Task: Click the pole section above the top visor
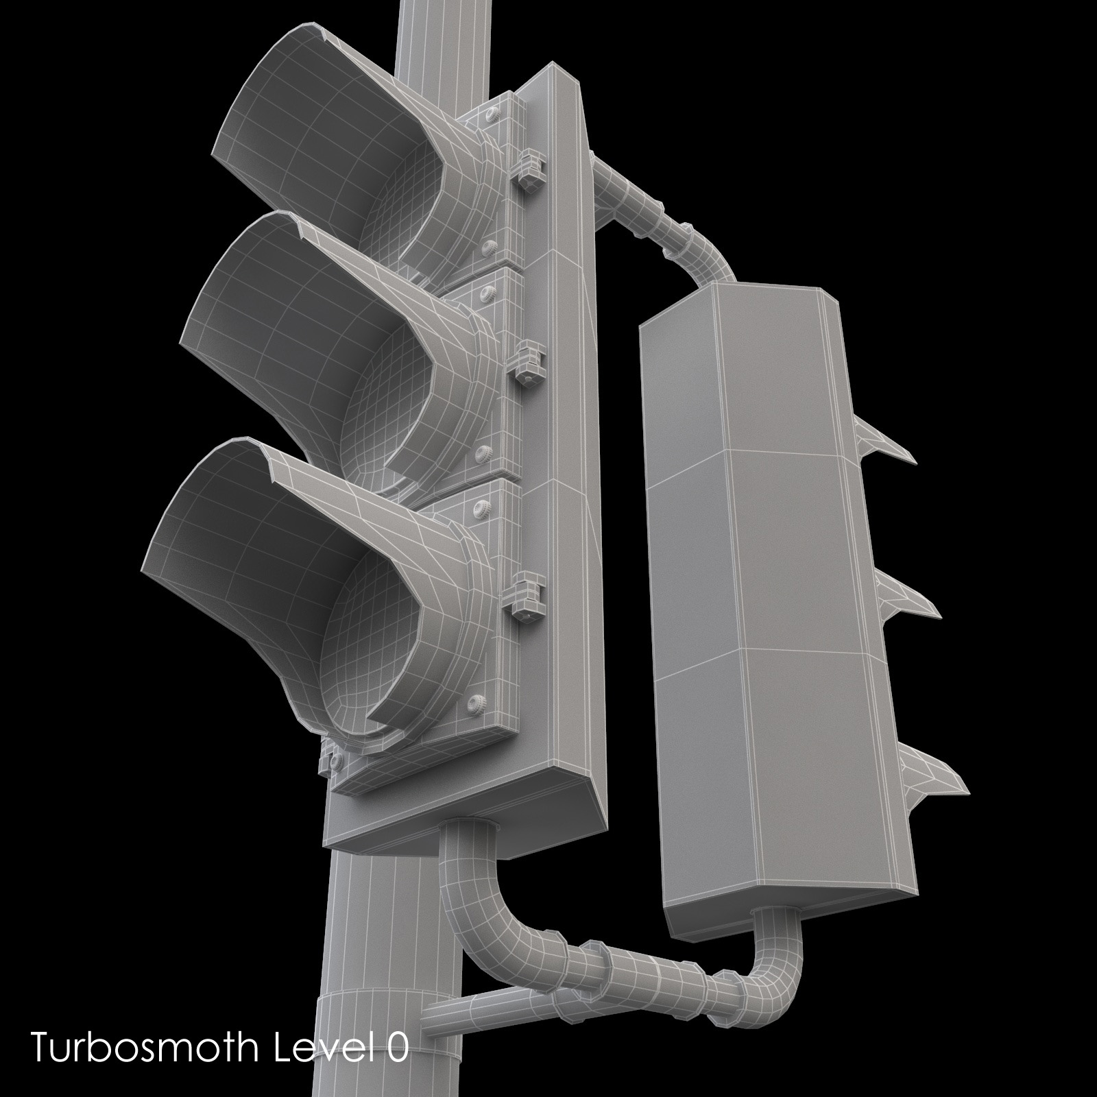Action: click(432, 34)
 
